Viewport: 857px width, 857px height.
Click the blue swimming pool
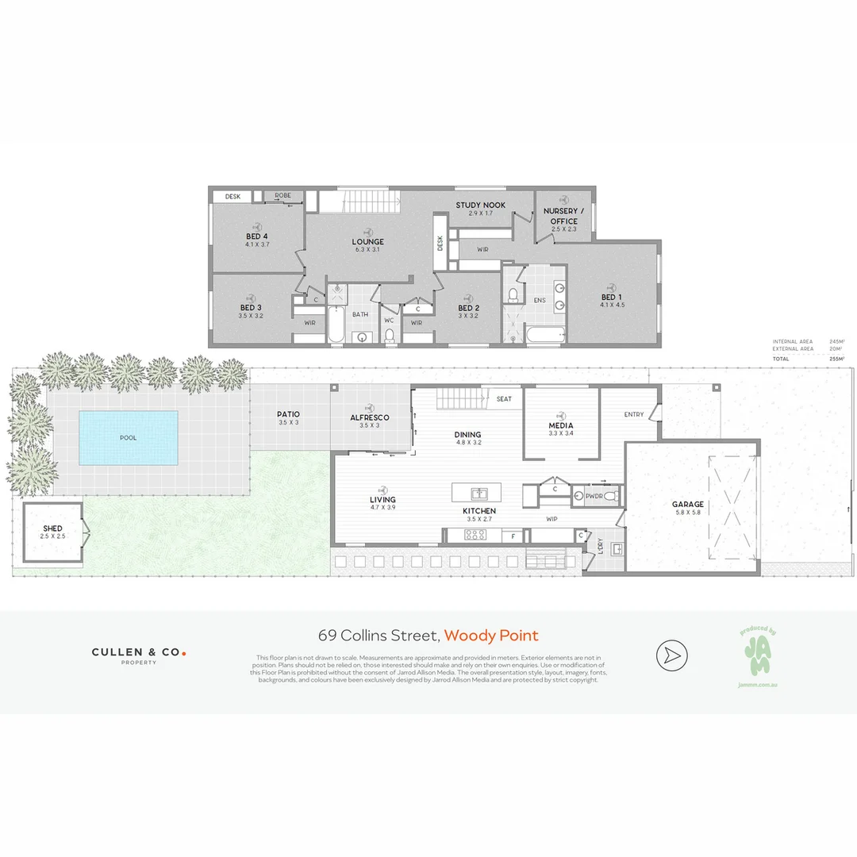tap(128, 437)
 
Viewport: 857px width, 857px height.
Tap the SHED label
tap(52, 528)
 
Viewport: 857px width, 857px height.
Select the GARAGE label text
tap(687, 504)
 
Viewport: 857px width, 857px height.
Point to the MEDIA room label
tap(560, 425)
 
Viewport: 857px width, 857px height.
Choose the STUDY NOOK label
tap(480, 206)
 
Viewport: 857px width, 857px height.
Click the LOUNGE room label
tap(367, 242)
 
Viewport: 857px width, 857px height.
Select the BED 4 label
tap(257, 236)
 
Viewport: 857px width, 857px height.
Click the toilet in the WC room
tap(389, 336)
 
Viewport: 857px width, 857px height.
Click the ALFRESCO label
tap(370, 417)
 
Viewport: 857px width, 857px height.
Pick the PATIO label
tap(288, 414)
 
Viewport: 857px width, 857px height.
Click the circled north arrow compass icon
tap(671, 655)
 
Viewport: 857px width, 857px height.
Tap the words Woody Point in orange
tap(490, 636)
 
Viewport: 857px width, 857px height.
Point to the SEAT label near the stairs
tap(504, 399)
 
